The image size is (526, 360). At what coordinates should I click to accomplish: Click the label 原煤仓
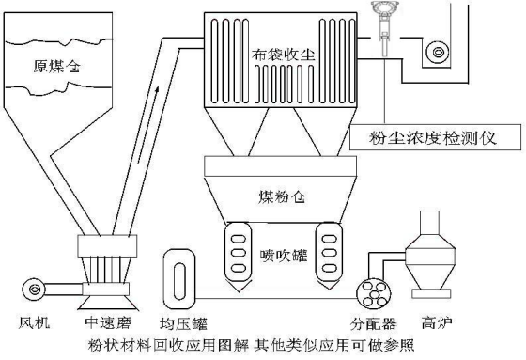point(56,66)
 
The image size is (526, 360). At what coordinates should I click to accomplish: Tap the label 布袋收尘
point(284,55)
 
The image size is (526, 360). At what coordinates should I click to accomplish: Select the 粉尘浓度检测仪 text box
point(436,137)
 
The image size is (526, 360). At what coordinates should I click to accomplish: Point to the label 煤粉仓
point(282,196)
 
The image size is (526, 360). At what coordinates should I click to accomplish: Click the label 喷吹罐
point(284,256)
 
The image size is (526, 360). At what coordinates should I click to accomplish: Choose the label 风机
point(34,323)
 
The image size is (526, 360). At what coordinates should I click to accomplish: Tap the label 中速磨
point(108,322)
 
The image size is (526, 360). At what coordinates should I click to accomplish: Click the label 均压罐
point(183,323)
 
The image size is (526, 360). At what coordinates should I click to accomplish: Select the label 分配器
point(373,323)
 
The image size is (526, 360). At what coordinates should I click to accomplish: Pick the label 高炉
point(437,322)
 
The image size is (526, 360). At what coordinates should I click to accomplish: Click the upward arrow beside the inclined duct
point(147,125)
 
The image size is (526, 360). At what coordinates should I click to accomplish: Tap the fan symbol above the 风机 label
point(34,289)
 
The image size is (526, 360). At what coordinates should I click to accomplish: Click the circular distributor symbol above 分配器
point(374,293)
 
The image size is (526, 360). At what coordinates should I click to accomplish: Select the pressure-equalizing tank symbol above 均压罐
point(179,279)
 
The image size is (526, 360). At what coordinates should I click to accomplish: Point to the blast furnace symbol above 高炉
point(431,255)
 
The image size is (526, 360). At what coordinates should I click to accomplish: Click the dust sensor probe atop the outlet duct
point(385,23)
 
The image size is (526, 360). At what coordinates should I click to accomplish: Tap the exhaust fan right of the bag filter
point(438,52)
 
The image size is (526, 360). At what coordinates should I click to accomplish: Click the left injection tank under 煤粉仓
point(239,256)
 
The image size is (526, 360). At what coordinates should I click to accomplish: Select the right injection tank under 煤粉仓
point(329,256)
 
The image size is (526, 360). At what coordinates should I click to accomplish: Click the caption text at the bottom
point(252,345)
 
